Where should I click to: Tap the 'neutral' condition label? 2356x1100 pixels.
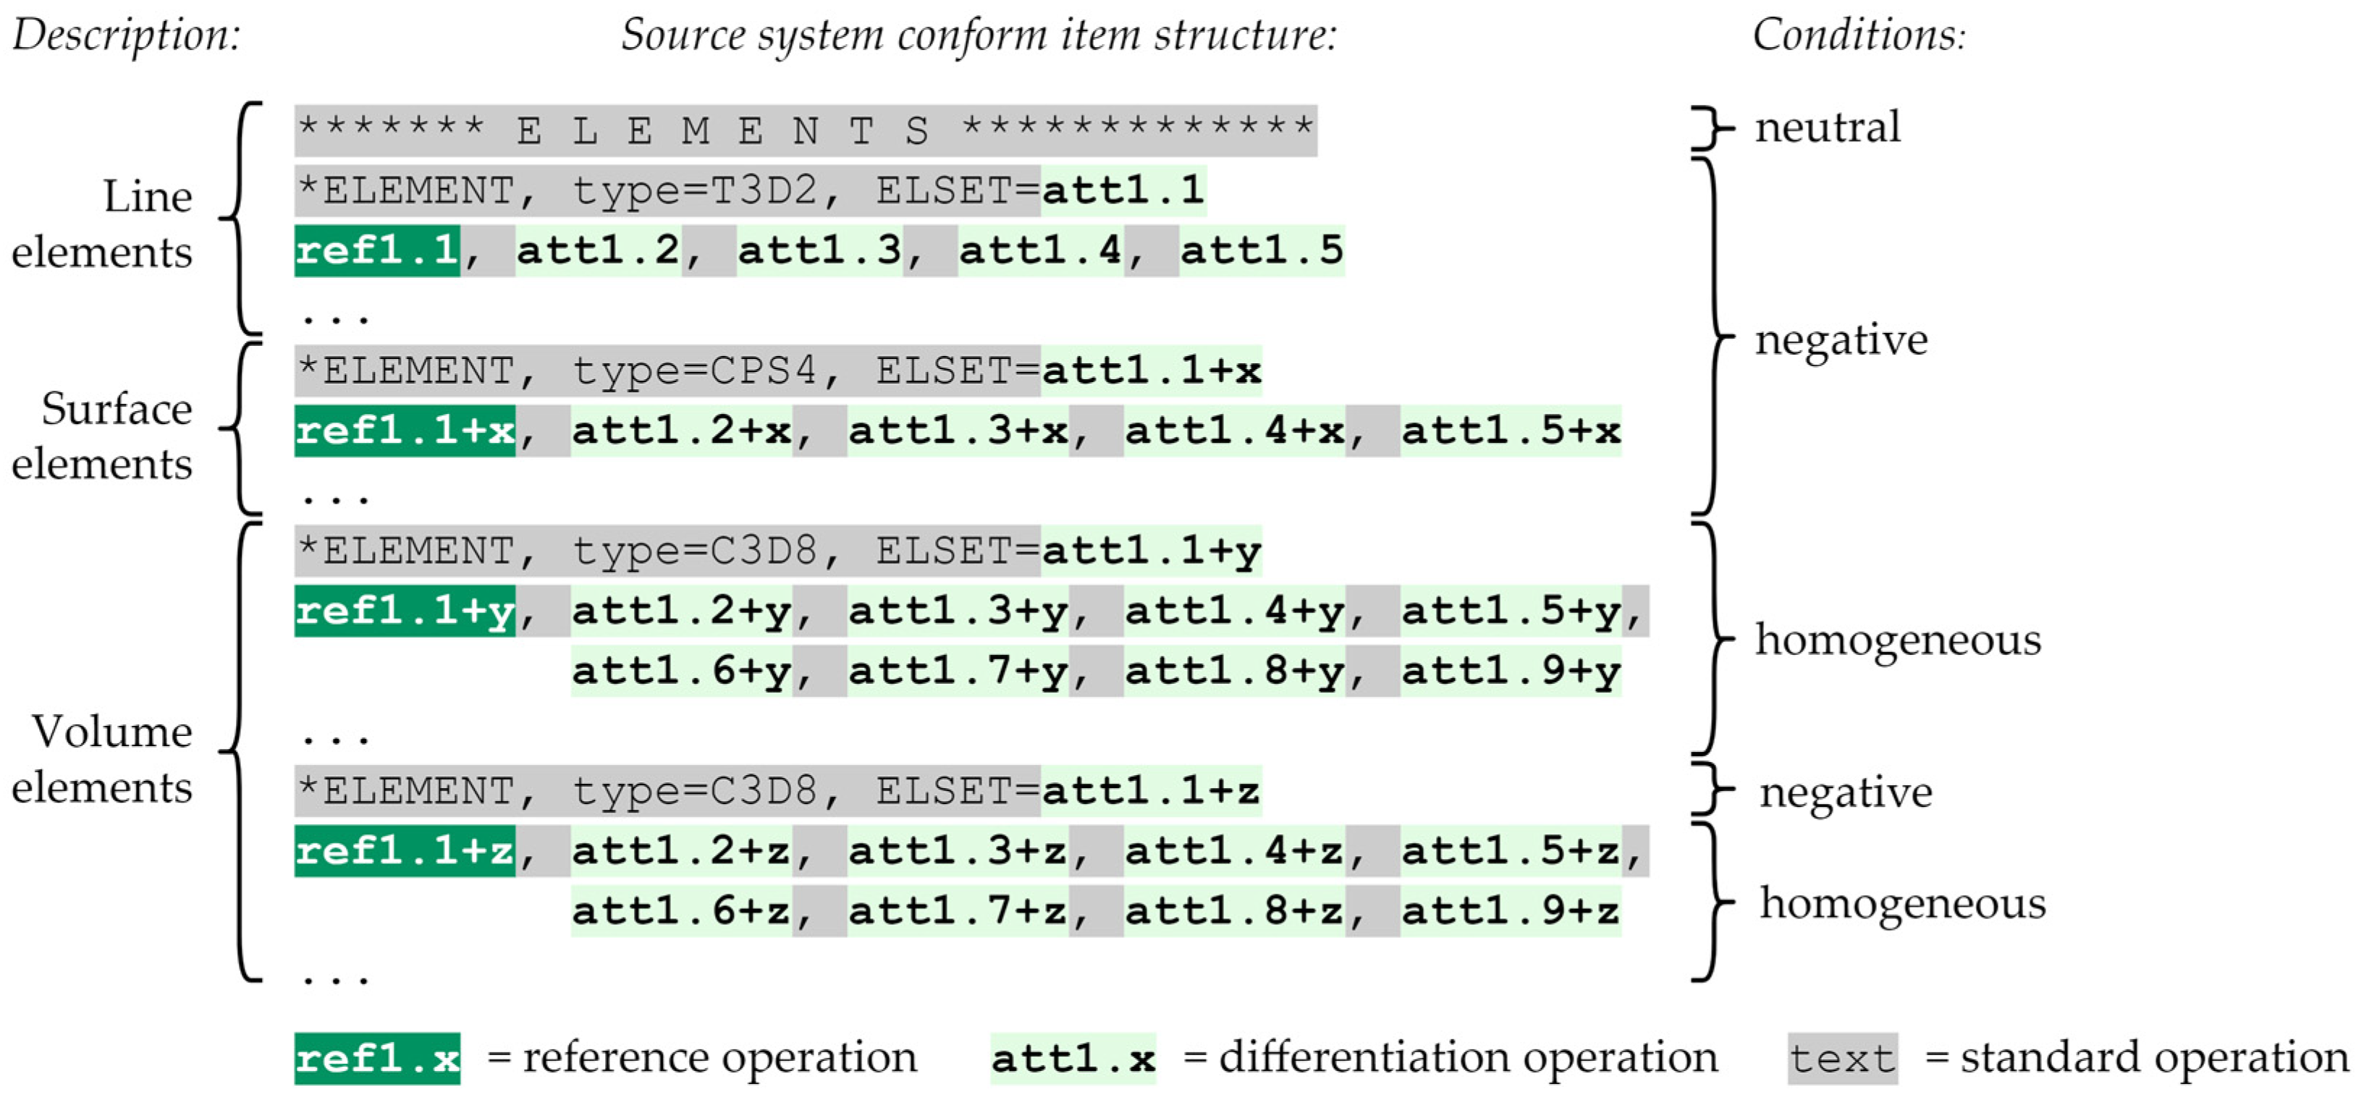click(x=1826, y=127)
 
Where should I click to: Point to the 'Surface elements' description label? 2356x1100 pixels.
click(x=103, y=436)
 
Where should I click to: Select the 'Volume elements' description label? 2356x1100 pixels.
click(x=103, y=759)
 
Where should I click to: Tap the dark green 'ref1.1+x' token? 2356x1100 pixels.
click(x=405, y=431)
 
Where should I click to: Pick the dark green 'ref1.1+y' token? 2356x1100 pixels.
click(x=405, y=611)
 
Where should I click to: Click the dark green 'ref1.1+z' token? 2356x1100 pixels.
click(x=405, y=851)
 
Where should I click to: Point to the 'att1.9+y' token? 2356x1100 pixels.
click(x=1511, y=671)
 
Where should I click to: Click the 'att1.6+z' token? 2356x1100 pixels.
click(x=681, y=910)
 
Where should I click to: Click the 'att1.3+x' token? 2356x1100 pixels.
click(x=958, y=431)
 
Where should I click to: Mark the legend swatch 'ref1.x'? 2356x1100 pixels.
click(x=377, y=1059)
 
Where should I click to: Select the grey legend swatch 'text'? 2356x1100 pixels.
click(x=1842, y=1059)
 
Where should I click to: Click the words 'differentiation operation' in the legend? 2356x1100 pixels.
click(x=1468, y=1058)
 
